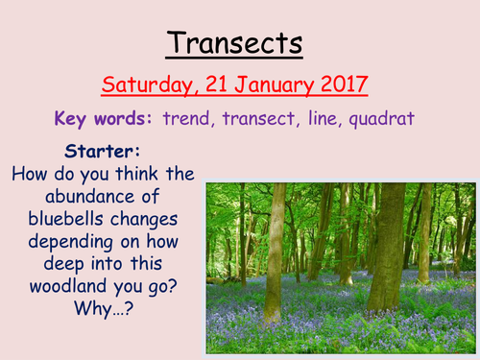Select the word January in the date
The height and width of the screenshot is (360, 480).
263,84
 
